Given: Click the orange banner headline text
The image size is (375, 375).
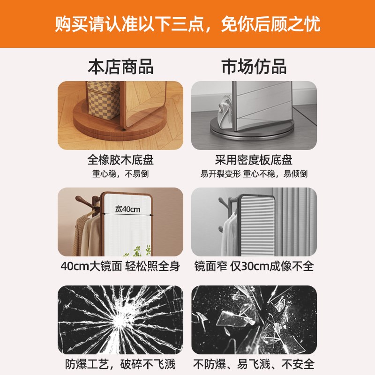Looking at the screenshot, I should click(187, 23).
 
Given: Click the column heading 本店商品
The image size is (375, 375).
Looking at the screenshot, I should click(120, 67).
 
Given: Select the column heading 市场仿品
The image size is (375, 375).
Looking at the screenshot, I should click(254, 67).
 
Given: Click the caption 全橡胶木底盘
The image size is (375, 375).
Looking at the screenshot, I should click(120, 160).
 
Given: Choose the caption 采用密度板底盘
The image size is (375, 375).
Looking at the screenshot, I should click(254, 160).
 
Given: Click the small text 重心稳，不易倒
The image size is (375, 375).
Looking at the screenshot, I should click(120, 174).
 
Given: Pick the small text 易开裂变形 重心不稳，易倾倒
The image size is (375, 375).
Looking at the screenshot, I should click(254, 174).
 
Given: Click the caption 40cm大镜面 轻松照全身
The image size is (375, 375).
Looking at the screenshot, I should click(120, 266).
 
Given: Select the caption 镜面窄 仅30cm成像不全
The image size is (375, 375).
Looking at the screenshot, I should click(254, 266).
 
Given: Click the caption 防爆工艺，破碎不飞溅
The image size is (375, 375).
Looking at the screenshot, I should click(120, 364).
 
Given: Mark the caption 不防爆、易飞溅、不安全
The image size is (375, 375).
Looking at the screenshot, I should click(254, 364).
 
